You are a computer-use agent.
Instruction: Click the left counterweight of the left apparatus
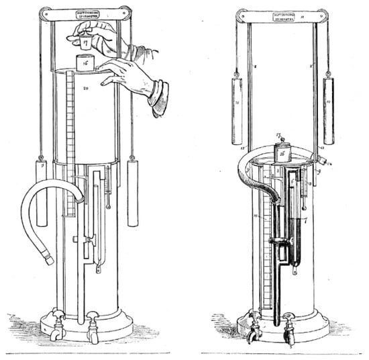(42, 193)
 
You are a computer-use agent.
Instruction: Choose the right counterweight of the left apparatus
(132, 183)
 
